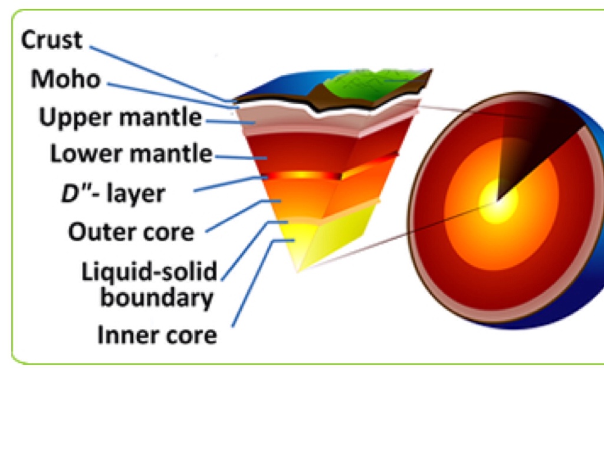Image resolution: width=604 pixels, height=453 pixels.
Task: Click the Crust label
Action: point(52,41)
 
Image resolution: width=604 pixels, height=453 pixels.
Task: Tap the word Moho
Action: point(66,79)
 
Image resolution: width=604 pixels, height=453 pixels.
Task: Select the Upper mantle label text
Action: point(120,117)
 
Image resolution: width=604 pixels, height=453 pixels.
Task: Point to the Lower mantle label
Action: point(131,154)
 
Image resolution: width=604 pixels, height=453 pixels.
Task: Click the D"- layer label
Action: point(113,193)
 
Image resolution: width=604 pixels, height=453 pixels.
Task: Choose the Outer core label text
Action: point(131,232)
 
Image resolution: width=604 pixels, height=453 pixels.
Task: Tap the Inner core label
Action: point(157,336)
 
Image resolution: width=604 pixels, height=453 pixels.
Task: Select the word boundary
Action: point(156,298)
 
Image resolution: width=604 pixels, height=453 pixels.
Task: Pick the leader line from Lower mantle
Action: point(236,157)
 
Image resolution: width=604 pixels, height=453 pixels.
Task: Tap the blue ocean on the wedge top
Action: point(277,88)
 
